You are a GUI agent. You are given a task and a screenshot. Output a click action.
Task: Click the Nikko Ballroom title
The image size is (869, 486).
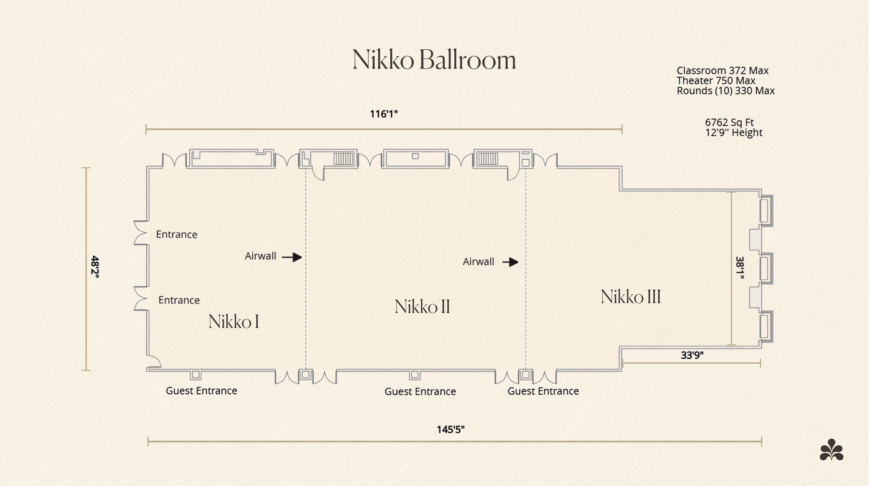point(434,60)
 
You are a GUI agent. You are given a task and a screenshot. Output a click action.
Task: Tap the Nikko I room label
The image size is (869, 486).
point(234,321)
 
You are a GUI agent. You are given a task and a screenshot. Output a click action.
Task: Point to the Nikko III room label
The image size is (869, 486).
point(631,296)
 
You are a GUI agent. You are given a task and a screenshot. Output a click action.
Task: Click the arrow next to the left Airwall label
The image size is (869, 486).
point(292,257)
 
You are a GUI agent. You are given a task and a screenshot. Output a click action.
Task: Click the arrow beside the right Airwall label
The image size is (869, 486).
point(510,262)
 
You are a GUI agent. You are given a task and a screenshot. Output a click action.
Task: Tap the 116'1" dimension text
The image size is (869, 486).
point(384,114)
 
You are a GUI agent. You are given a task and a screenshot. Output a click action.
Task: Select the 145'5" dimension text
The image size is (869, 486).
point(451,429)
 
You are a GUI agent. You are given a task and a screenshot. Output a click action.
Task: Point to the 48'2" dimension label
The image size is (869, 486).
point(95,268)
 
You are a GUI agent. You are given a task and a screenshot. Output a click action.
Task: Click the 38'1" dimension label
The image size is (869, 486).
point(740,268)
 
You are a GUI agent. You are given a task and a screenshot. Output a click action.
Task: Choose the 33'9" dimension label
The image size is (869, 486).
point(692,355)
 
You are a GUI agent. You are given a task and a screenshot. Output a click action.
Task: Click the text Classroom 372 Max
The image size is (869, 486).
point(723,70)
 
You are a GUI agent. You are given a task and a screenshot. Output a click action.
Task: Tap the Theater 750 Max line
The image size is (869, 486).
point(716,81)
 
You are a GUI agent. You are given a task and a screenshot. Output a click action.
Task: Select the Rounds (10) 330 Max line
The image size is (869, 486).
point(726,91)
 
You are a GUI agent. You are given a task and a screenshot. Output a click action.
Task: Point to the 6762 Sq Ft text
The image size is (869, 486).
point(729,122)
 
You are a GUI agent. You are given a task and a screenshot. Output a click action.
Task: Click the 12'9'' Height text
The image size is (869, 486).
point(734,132)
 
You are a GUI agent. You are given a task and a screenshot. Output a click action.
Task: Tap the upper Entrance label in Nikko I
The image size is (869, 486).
point(177,234)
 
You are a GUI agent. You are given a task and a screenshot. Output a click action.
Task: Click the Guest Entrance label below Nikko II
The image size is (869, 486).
point(420,392)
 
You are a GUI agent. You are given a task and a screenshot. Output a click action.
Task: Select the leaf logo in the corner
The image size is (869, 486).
point(832,450)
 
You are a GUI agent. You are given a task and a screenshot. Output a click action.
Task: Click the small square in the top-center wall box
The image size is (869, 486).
point(415,156)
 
